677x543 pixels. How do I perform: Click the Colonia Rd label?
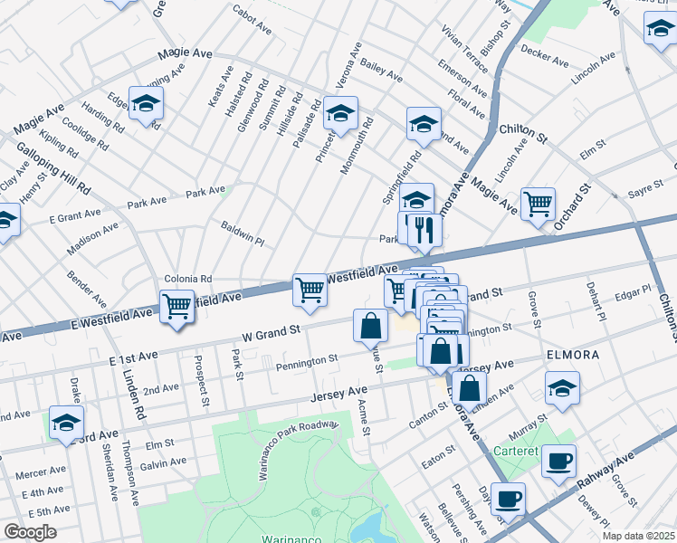tap(187, 279)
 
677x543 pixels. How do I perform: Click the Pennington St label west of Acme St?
tap(307, 360)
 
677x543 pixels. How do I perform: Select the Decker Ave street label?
tap(545, 60)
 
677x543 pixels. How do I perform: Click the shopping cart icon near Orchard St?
tap(539, 203)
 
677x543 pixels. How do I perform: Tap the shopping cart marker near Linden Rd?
tap(176, 305)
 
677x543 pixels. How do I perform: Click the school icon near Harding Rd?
tap(145, 103)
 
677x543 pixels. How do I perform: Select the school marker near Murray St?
tap(562, 388)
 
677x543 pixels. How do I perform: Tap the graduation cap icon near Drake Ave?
tap(66, 422)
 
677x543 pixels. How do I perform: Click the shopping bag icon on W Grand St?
tap(370, 326)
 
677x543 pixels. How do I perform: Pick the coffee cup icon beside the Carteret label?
tap(558, 461)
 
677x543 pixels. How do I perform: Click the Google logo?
tap(30, 532)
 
